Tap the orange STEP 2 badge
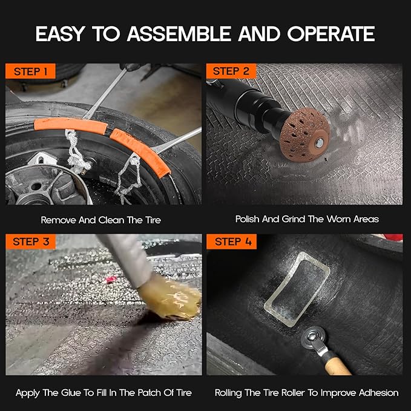[x=231, y=71]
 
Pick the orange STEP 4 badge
[x=231, y=242]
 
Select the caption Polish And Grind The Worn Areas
[x=307, y=219]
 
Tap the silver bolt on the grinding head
[x=317, y=145]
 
